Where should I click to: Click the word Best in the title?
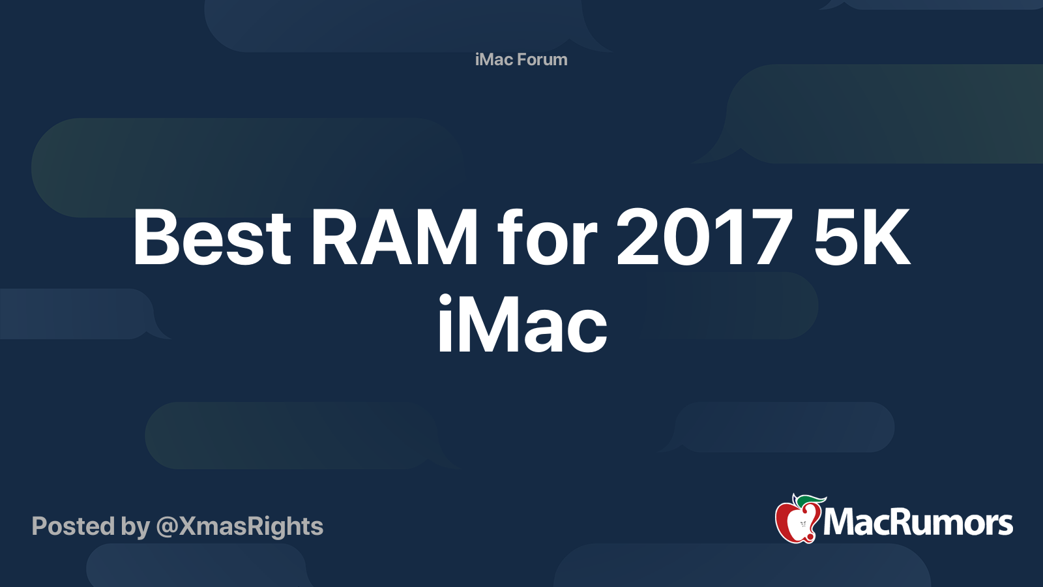coord(212,236)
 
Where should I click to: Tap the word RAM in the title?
coord(394,236)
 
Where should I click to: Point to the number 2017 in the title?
coord(705,236)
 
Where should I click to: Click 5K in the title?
coord(862,236)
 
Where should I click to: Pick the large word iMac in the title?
coord(522,324)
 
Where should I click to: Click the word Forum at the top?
coord(542,59)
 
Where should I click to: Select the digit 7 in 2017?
coord(771,236)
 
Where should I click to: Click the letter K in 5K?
coord(885,236)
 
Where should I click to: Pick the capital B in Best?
coord(156,236)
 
